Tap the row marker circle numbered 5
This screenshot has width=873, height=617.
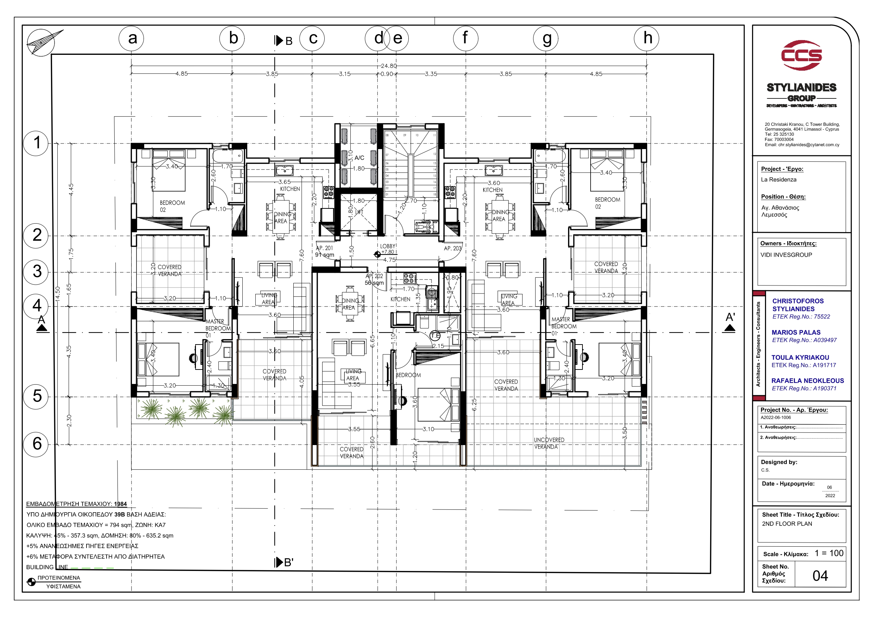[x=36, y=396]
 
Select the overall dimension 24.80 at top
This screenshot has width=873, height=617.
[x=389, y=66]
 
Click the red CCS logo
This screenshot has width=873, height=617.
[x=801, y=56]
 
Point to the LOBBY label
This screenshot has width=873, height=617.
[x=388, y=246]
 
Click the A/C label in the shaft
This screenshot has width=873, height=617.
[x=359, y=158]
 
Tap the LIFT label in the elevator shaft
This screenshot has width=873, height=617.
[x=360, y=212]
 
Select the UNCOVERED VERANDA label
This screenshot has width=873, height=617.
[x=549, y=443]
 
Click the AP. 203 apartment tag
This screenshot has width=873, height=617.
[x=452, y=248]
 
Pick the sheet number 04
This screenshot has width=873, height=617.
[x=820, y=576]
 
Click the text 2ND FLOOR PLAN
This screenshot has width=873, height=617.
[x=787, y=524]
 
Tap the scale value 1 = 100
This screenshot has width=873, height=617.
[x=829, y=553]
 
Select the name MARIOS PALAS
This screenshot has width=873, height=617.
[x=796, y=332]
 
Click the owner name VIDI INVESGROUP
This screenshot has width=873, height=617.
[x=786, y=255]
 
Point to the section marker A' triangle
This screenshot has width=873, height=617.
[x=729, y=328]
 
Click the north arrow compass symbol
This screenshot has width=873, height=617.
[x=41, y=43]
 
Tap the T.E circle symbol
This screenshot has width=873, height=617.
[x=435, y=336]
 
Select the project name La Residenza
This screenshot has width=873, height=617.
[x=778, y=179]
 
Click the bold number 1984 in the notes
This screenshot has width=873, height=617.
[x=120, y=504]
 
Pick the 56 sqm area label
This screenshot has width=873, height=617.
[x=374, y=283]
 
